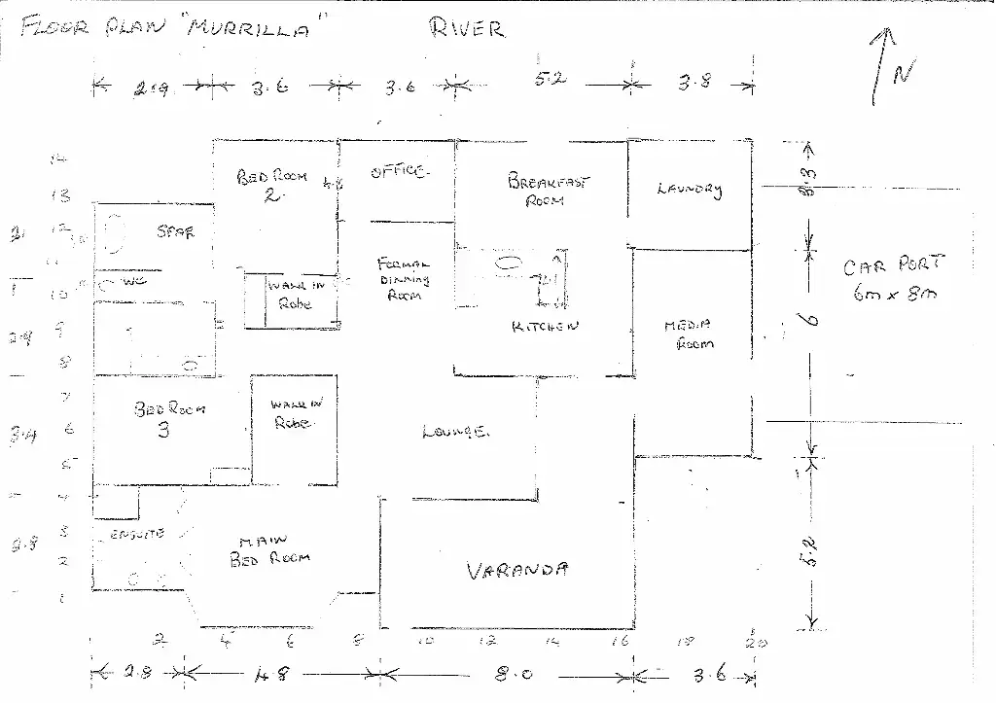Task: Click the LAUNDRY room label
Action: coord(690,189)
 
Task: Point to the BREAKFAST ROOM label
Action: coord(548,189)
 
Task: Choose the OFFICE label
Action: coord(398,172)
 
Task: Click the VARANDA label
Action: coord(517,571)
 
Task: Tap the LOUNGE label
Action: coord(454,431)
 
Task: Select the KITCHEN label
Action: coord(545,327)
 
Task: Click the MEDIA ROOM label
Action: coord(689,334)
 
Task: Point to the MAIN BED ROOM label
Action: coord(269,551)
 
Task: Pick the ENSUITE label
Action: coord(132,534)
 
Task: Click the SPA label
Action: coord(175,232)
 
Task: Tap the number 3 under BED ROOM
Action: coord(163,430)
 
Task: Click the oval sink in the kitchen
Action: coord(508,262)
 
